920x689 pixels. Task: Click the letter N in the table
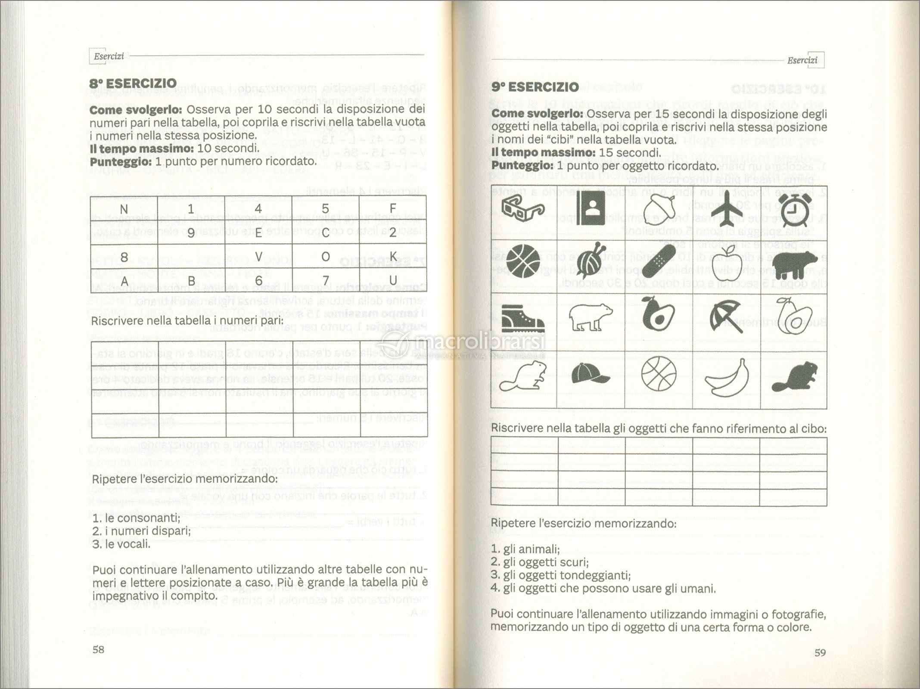click(x=124, y=209)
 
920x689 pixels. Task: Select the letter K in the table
click(x=392, y=257)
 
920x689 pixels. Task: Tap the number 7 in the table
click(x=326, y=280)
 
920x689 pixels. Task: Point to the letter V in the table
click(x=258, y=257)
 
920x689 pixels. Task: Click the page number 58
click(x=99, y=650)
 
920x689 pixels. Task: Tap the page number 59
click(x=820, y=652)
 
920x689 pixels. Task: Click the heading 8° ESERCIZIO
click(x=133, y=83)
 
